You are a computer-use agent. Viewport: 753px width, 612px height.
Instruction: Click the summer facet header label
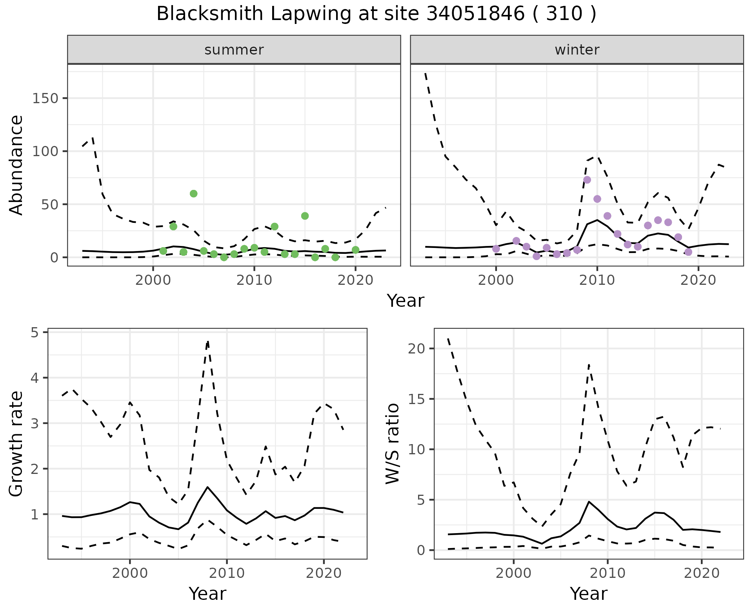coord(234,50)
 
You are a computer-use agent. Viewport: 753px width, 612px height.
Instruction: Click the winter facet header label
coord(577,50)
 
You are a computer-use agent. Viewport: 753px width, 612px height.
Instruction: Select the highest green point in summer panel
coord(193,193)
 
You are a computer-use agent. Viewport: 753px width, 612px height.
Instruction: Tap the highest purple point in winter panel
coord(587,180)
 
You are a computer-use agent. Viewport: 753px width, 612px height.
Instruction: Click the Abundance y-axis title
coord(16,165)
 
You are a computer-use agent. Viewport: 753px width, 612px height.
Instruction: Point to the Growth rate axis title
coord(16,444)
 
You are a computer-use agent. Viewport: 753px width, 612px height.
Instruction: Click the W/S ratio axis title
coord(392,443)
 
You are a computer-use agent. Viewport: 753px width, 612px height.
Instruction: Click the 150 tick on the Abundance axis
coord(45,98)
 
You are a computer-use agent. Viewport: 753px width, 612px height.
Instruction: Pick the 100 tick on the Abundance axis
coord(45,151)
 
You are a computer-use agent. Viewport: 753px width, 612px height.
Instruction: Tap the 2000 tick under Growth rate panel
coord(130,573)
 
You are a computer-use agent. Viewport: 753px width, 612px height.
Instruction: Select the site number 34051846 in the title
coord(475,14)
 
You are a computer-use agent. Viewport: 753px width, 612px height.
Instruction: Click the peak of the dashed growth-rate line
coord(207,341)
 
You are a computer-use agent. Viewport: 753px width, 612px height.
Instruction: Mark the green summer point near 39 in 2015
coord(305,216)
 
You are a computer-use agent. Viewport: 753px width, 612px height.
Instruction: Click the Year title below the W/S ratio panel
coord(589,594)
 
